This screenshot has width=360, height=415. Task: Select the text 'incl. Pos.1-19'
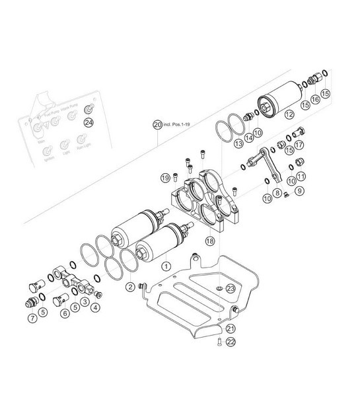click(180, 124)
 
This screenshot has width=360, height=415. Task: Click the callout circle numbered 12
click(289, 114)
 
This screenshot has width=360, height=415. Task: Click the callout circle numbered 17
click(299, 145)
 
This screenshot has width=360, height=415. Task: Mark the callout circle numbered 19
click(166, 177)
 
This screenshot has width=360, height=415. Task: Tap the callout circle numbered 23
click(230, 288)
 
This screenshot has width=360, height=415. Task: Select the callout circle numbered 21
click(231, 328)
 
